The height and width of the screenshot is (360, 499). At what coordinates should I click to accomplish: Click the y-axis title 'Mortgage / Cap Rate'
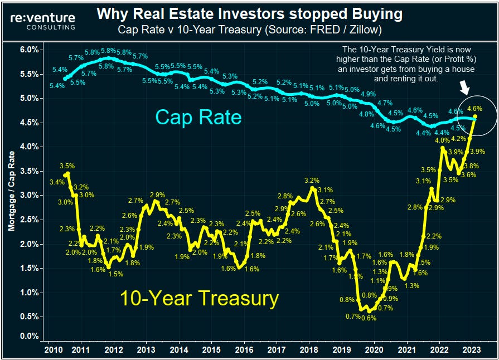[11, 192]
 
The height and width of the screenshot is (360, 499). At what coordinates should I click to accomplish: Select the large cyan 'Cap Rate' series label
[198, 118]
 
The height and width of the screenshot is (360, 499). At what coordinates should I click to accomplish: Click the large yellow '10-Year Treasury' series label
[199, 299]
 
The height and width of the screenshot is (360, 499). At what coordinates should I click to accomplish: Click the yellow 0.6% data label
[367, 318]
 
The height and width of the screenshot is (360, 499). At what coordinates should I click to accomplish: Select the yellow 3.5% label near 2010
[66, 166]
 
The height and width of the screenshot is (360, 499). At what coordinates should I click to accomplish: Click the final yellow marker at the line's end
[475, 116]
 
